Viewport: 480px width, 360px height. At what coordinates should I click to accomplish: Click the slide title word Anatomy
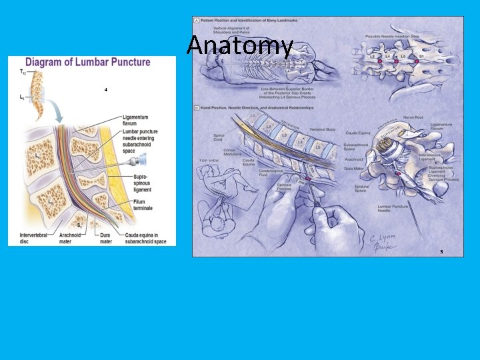239,46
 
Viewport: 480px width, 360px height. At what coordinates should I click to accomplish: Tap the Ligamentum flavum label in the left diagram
135,120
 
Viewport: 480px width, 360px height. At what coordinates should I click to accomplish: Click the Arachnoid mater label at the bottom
70,239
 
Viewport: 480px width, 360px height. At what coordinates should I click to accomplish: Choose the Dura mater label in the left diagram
105,239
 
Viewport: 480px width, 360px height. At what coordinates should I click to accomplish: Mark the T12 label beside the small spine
23,71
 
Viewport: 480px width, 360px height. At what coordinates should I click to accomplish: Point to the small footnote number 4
105,89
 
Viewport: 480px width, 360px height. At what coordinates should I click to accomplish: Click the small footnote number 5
441,252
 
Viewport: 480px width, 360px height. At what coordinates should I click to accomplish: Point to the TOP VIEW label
209,161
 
